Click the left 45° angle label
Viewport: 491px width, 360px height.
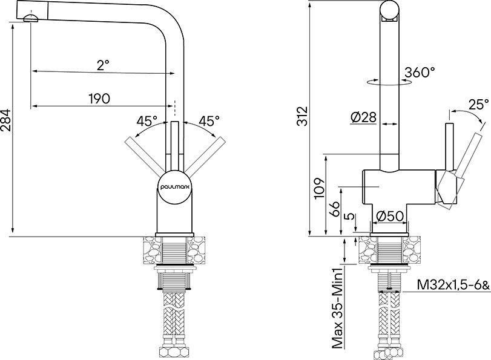[147, 121]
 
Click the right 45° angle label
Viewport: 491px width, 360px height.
[209, 121]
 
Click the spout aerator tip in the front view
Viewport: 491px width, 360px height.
[30, 19]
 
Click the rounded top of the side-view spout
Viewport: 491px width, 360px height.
[389, 10]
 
